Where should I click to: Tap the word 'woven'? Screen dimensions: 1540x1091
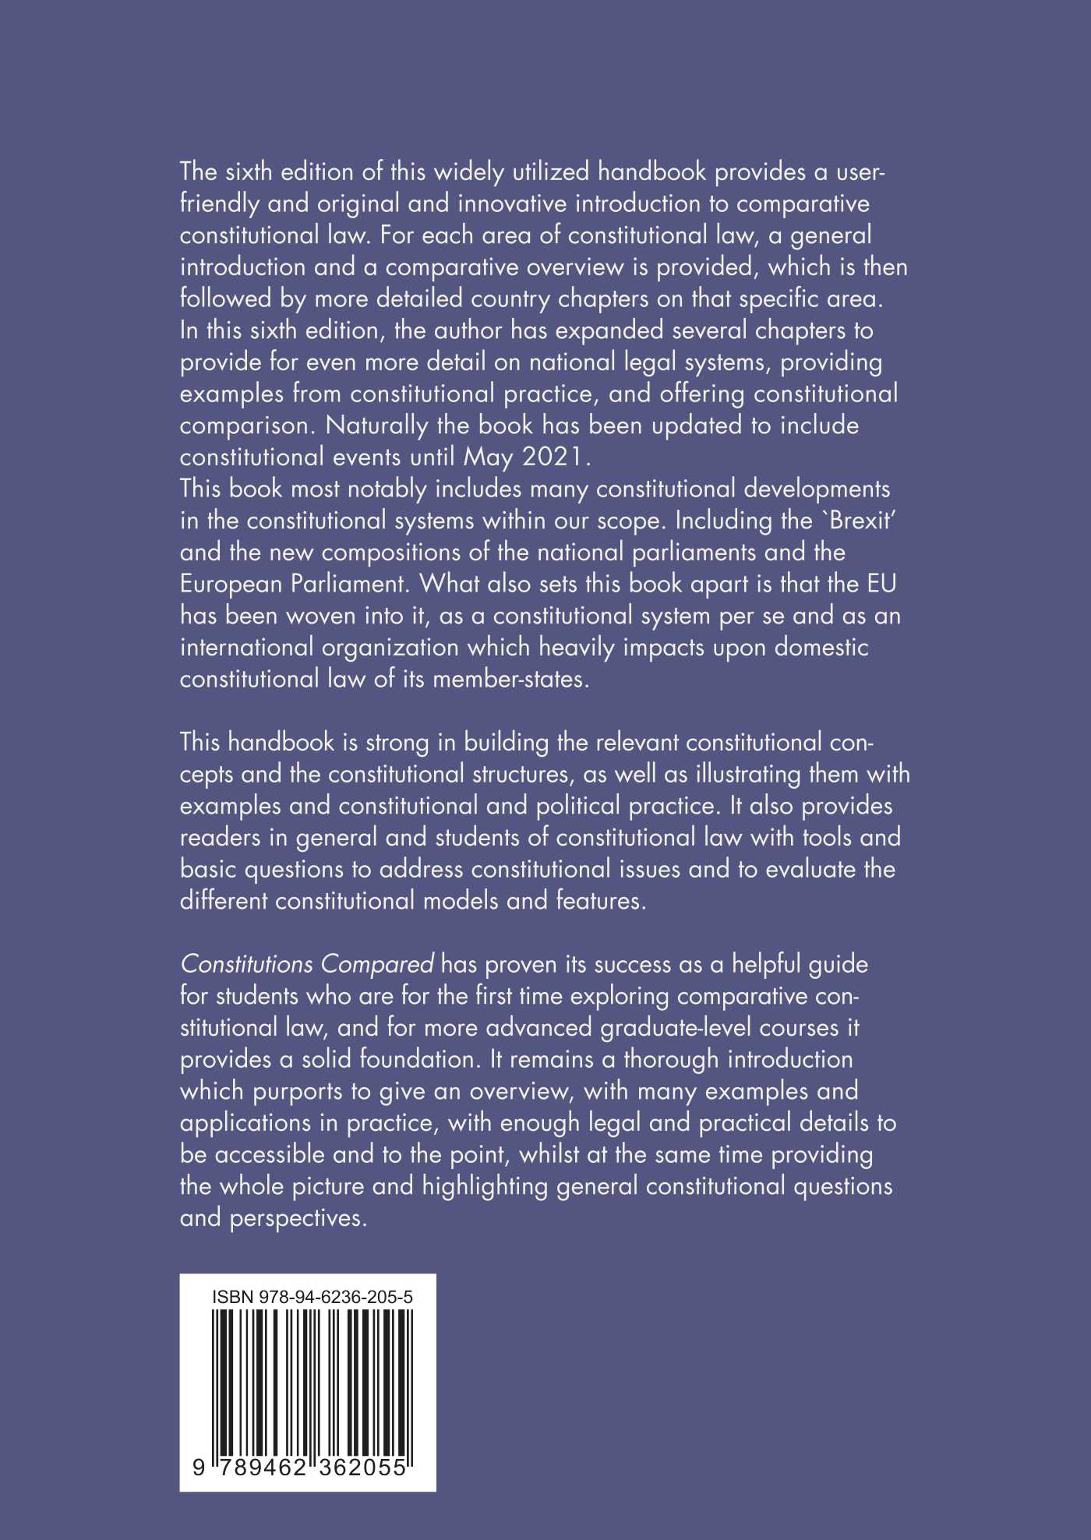tap(321, 616)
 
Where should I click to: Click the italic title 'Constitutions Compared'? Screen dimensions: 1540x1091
tap(307, 965)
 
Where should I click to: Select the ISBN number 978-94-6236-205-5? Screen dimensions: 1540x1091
tap(336, 1298)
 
